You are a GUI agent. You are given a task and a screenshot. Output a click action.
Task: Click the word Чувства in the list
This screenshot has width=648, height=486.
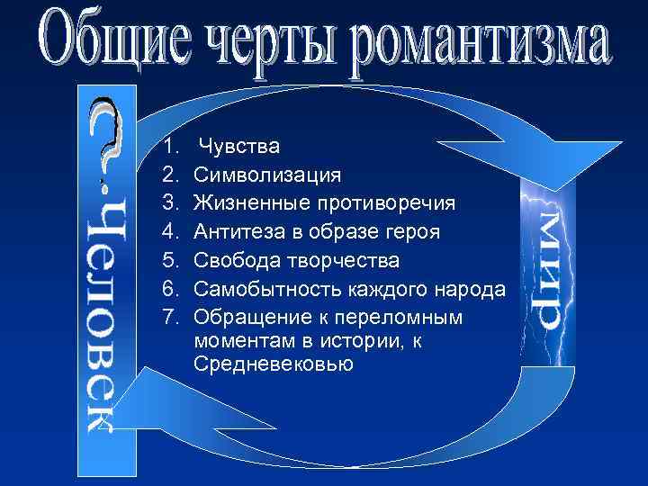(x=238, y=146)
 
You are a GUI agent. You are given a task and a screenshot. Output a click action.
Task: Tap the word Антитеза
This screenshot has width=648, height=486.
(x=240, y=232)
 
